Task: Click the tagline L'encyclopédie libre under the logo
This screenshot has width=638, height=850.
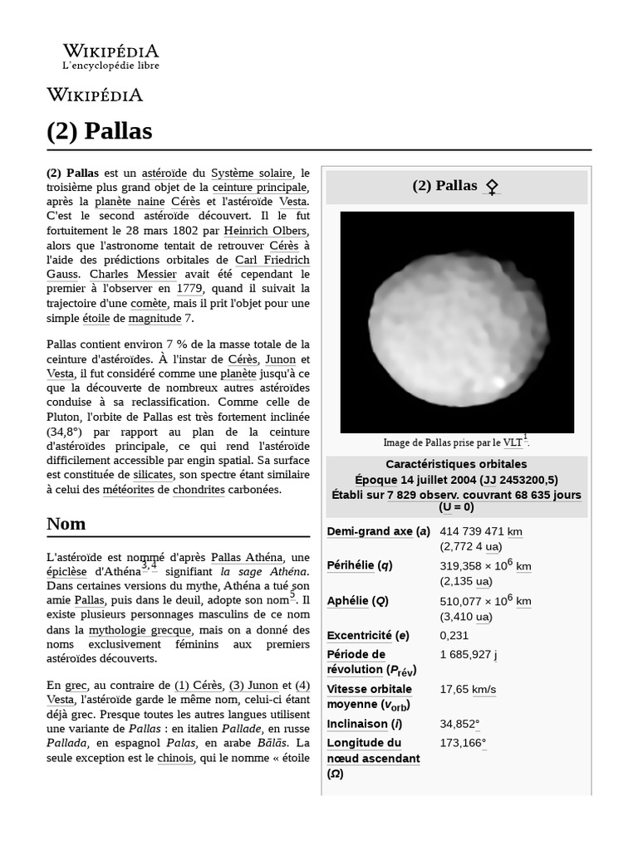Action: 110,66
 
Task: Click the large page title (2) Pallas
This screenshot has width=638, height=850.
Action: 99,131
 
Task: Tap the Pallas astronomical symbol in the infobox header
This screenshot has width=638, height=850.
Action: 492,187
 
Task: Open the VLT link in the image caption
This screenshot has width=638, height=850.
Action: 513,442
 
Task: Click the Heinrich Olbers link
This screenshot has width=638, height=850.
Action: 267,231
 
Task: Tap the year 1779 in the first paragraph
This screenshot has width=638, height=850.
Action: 189,289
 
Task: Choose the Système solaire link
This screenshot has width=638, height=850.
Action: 252,173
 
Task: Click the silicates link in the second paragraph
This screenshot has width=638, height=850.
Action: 154,475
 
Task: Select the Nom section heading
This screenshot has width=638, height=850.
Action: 66,524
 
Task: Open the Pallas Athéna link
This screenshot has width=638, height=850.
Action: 248,557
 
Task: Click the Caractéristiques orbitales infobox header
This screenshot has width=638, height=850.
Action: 456,464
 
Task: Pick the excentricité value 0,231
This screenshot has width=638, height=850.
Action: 454,635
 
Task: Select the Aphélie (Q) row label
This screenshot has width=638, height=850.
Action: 357,601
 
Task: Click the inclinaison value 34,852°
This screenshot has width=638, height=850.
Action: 459,723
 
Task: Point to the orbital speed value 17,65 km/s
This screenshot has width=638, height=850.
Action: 468,689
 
